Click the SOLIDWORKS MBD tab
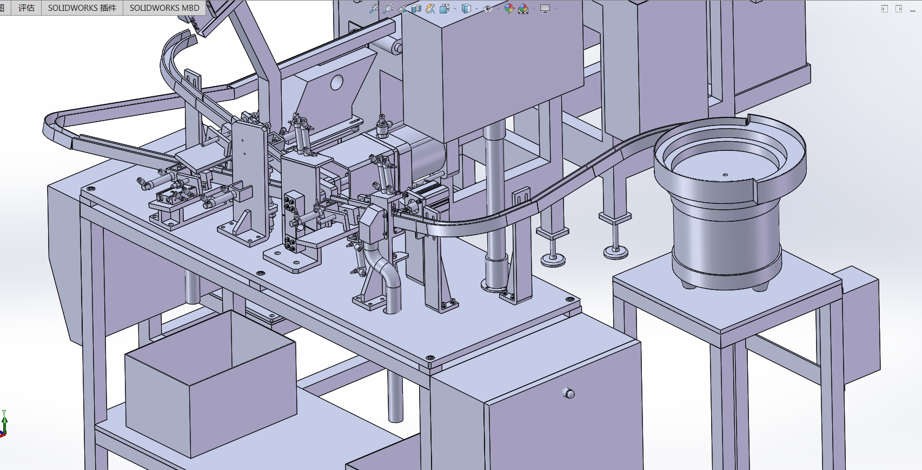tap(164, 8)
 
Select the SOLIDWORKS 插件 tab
tap(82, 8)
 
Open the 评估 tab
tap(26, 8)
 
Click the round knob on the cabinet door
tap(568, 393)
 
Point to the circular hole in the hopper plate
tap(337, 82)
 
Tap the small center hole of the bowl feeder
tap(725, 175)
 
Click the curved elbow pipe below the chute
tap(386, 276)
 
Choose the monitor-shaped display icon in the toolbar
tap(545, 9)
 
